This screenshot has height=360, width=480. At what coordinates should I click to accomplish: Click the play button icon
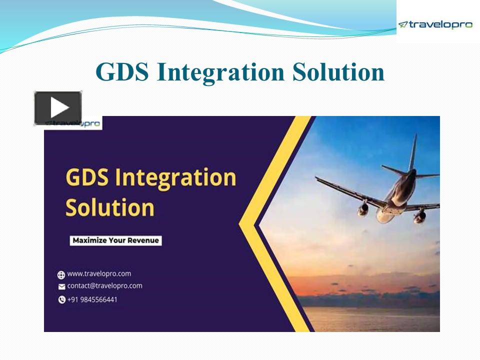58,107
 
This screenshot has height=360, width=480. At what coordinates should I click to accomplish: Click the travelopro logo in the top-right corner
435,24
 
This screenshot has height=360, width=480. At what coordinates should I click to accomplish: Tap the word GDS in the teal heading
122,72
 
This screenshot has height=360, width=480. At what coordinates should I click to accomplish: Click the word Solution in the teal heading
338,72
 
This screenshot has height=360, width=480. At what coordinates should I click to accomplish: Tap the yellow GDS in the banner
88,178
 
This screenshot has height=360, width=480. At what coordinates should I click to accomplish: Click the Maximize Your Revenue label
115,240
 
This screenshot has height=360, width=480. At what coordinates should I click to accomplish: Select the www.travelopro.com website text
99,274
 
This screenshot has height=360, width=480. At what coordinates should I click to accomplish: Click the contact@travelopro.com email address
104,286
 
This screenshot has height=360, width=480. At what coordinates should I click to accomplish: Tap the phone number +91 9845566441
92,299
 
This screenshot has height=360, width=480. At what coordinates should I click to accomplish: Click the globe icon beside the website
61,274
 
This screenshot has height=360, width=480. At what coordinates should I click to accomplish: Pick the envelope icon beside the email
61,286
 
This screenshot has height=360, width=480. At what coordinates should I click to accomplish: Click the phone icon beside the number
61,300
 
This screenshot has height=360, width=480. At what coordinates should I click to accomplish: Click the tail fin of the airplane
413,152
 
